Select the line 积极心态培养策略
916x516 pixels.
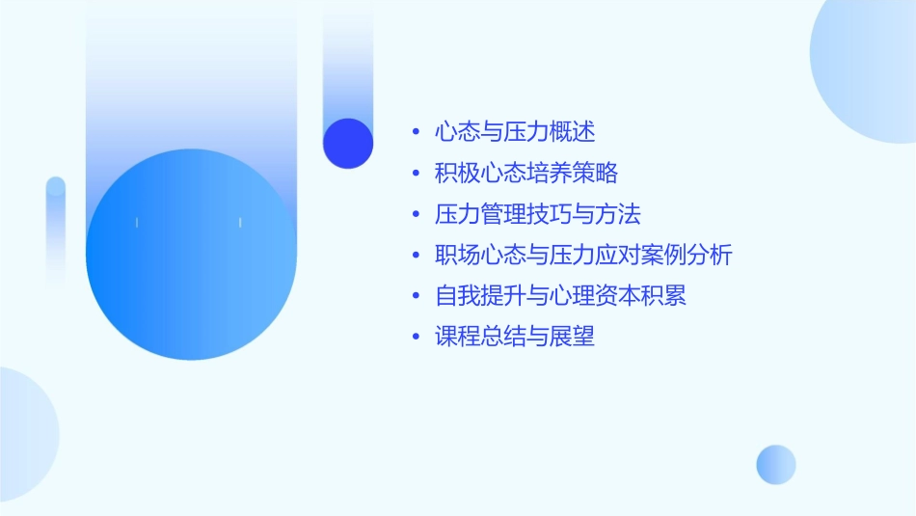click(x=526, y=173)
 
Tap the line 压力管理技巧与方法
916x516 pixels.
click(x=538, y=213)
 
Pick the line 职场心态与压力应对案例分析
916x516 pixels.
click(x=584, y=255)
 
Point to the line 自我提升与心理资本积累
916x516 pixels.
click(x=561, y=295)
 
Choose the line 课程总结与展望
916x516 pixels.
click(x=515, y=337)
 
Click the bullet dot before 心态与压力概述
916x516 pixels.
click(x=415, y=132)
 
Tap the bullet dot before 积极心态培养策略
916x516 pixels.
click(x=415, y=174)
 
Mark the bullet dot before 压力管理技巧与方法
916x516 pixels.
click(x=415, y=214)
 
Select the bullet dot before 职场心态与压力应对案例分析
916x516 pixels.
click(x=415, y=256)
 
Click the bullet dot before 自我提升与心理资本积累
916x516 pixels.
click(x=415, y=296)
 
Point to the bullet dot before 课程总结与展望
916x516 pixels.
click(x=415, y=338)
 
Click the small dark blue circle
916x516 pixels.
click(x=348, y=143)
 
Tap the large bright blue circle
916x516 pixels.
click(x=191, y=255)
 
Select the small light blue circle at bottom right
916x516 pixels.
click(x=776, y=464)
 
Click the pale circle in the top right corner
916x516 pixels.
click(x=868, y=68)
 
